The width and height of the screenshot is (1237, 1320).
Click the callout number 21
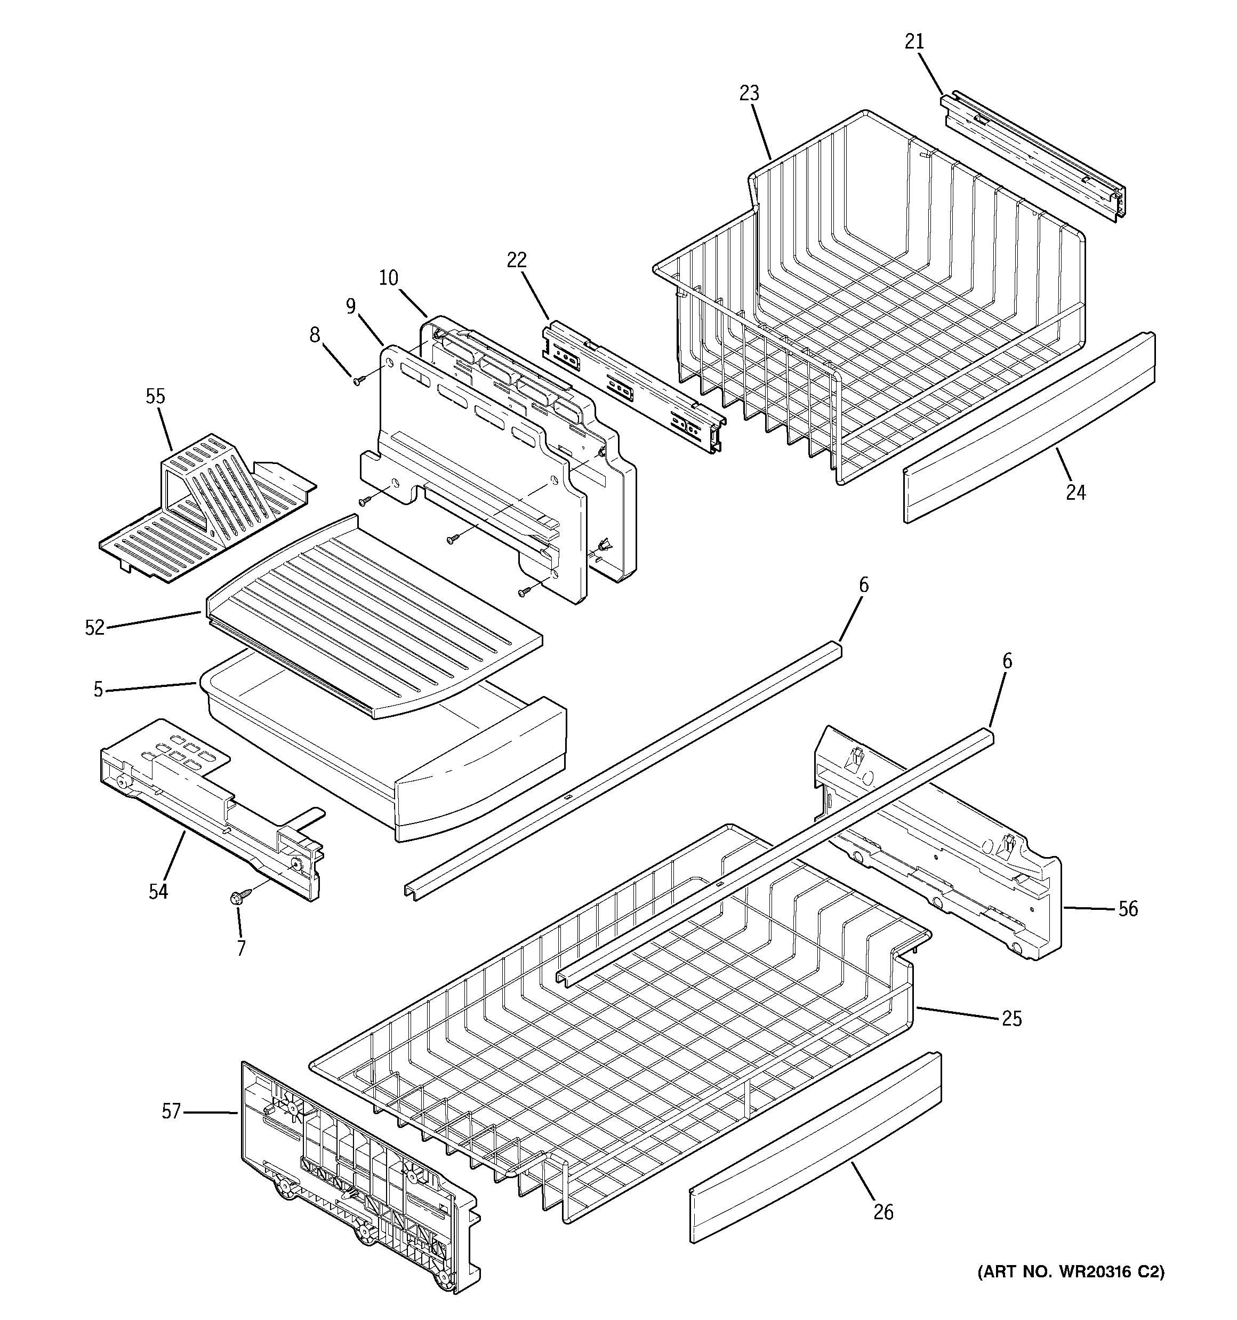point(914,42)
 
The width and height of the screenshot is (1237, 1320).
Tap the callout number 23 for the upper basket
point(749,94)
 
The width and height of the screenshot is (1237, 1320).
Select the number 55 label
point(155,397)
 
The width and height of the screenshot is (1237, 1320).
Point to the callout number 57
point(171,1111)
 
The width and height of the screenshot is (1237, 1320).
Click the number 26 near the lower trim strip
point(883,1212)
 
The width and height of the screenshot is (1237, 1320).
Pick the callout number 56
point(1128,908)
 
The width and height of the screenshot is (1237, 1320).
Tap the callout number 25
point(1011,1018)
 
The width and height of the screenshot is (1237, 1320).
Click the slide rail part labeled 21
point(1036,156)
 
